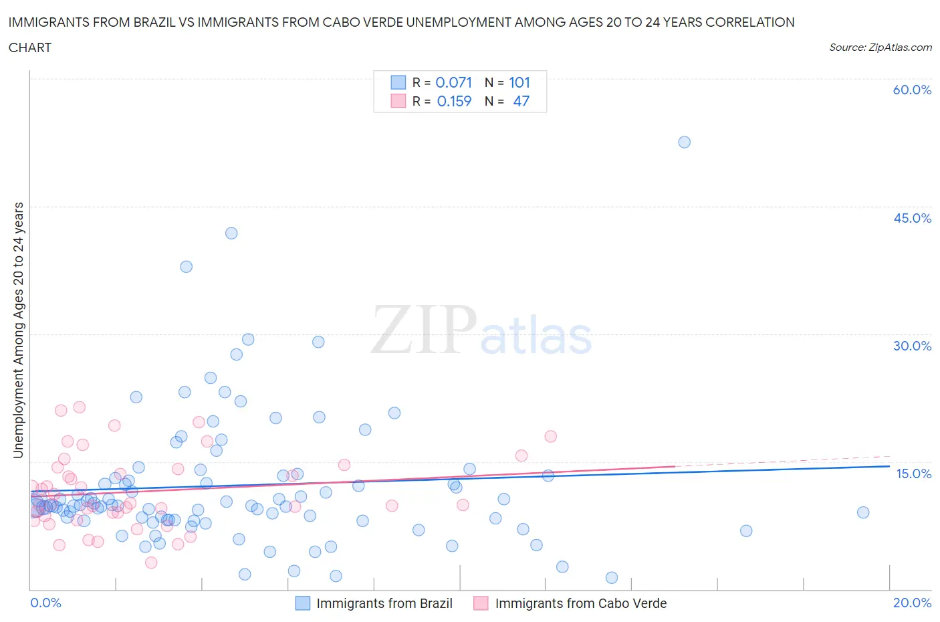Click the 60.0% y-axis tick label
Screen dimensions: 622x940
[912, 90]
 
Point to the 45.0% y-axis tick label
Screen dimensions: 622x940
[912, 218]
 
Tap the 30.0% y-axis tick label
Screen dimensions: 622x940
[912, 346]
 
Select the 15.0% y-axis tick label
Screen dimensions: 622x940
[913, 474]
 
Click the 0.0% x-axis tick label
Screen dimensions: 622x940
[45, 603]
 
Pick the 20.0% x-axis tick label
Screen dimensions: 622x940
[912, 603]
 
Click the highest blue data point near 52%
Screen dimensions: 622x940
[684, 142]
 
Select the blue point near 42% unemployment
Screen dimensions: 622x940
[231, 233]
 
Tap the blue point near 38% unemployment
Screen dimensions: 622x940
[187, 267]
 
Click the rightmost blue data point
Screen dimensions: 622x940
[863, 512]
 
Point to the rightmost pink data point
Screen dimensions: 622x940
[551, 436]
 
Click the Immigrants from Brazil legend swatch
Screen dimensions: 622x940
[303, 603]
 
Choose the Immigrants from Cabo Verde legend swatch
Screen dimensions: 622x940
[481, 603]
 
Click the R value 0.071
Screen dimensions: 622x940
[454, 82]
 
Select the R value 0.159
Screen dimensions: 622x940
[454, 101]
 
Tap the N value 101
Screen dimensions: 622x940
[519, 82]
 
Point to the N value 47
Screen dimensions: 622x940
[521, 101]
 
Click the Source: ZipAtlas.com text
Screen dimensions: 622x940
[880, 47]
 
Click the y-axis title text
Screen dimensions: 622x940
[19, 330]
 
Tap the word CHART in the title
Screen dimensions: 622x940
[30, 47]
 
